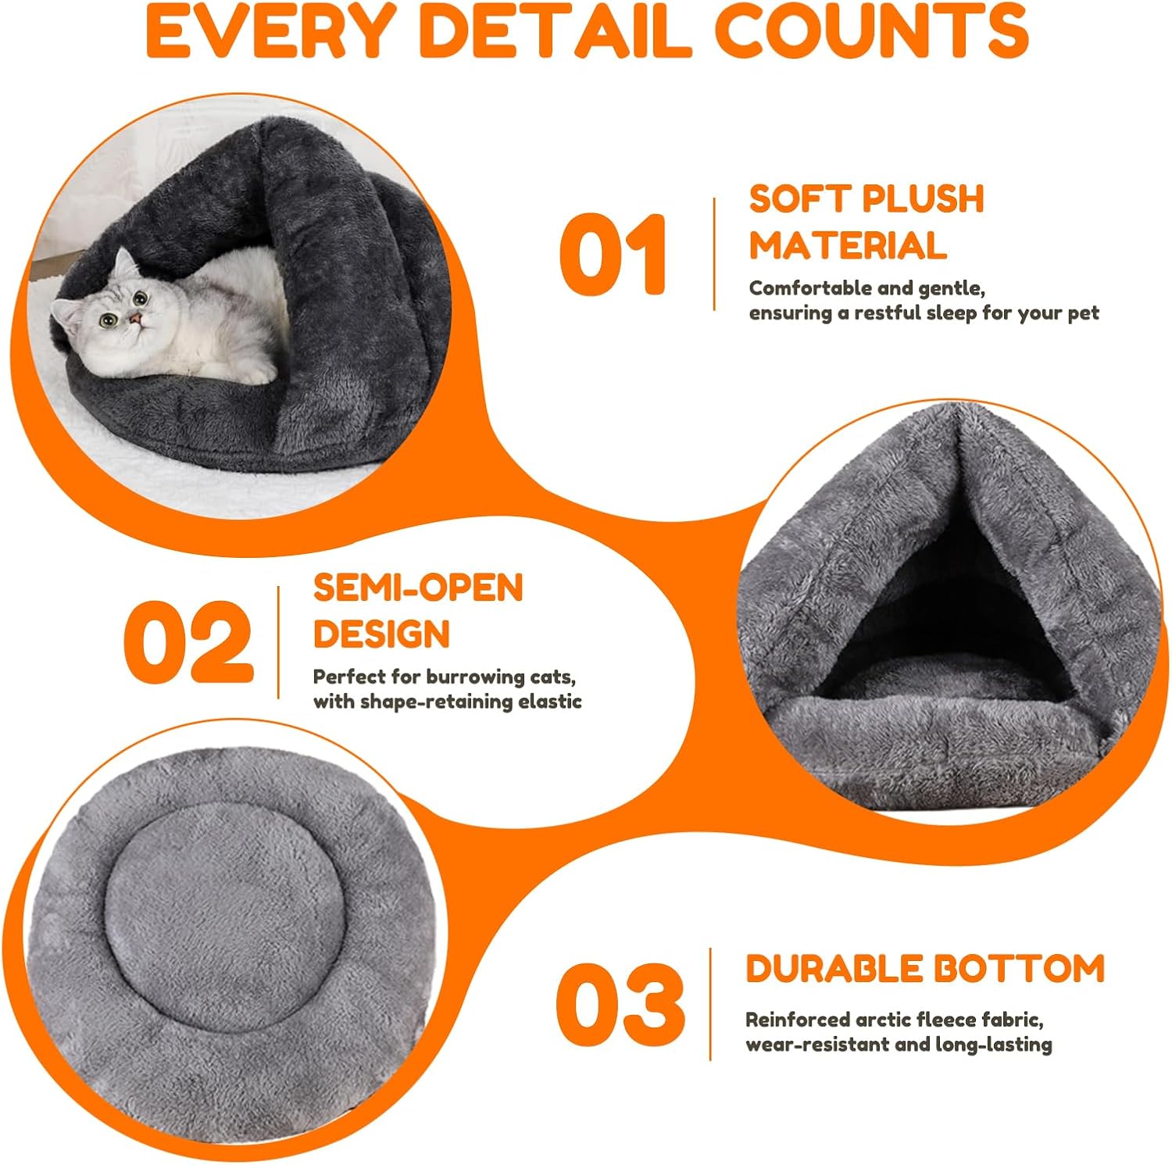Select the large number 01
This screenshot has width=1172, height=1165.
point(613,255)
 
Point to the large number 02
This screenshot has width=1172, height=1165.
point(188,642)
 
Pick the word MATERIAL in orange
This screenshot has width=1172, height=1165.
point(848,245)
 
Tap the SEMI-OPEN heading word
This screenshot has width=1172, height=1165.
point(418,588)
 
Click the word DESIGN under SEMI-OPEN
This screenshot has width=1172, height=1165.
point(381,634)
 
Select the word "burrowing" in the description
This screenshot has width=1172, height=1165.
point(476,677)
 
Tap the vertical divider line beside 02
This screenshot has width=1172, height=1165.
point(279,642)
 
